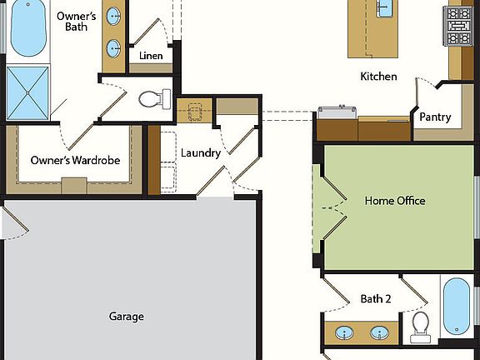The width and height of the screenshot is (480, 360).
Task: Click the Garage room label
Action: pos(126,317)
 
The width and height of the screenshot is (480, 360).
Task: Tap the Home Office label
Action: pos(395,201)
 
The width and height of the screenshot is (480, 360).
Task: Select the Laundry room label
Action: pos(200,153)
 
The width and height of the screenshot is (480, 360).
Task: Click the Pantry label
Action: pos(435,117)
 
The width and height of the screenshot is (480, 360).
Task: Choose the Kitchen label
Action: pos(378,77)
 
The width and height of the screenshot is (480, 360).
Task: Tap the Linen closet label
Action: pos(151,57)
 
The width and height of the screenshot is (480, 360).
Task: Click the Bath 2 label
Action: pos(376,298)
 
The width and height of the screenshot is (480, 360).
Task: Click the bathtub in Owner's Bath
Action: pos(28,30)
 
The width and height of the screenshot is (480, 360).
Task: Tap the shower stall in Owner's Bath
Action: pos(28,92)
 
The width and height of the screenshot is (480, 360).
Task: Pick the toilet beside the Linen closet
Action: pos(151,99)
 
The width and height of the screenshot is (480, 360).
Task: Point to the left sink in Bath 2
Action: pos(344,334)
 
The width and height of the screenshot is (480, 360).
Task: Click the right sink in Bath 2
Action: pos(380,334)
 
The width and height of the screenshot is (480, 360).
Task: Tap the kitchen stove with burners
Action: pos(458,27)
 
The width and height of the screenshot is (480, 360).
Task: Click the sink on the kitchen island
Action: pos(384,8)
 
